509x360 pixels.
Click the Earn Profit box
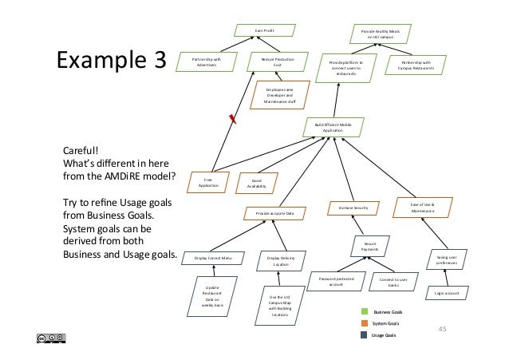click(263, 31)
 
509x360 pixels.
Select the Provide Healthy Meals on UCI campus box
click(374, 34)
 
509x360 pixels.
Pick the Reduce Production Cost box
click(273, 61)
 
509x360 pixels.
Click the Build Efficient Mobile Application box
click(333, 128)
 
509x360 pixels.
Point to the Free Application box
click(209, 183)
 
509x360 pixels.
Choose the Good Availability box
click(257, 183)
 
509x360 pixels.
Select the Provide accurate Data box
click(274, 215)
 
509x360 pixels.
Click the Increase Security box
click(352, 208)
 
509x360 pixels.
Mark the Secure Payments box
click(370, 246)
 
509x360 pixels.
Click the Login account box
click(445, 293)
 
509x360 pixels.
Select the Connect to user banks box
click(393, 282)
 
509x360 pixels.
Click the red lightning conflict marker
click(233, 120)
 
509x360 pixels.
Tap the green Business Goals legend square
click(365, 312)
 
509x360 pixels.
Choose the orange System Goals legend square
click(365, 323)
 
